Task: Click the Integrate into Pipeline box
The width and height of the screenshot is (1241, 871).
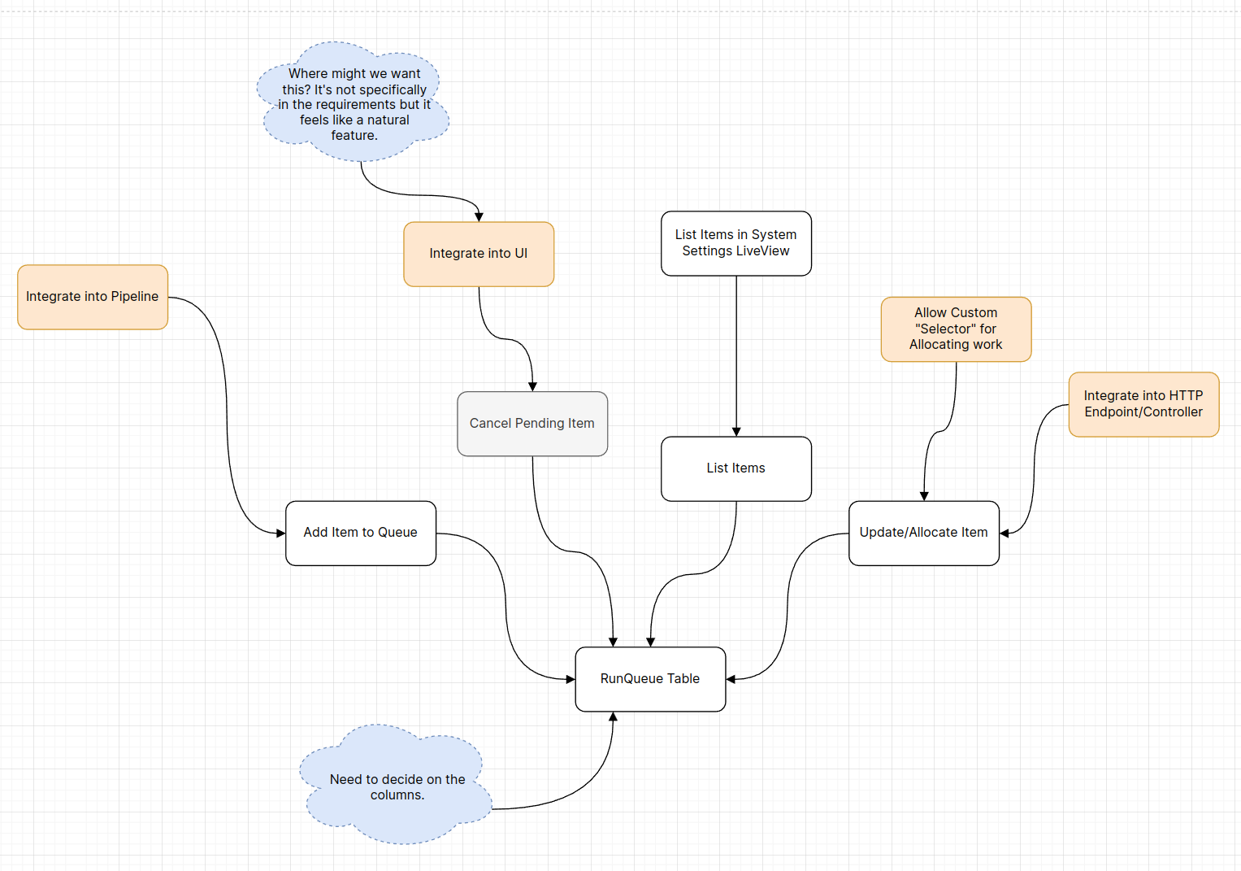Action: coord(93,297)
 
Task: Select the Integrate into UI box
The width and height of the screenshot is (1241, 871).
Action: coord(479,254)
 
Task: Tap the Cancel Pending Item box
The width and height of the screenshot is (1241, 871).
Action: coord(532,424)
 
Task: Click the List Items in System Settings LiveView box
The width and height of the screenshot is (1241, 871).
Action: coord(736,243)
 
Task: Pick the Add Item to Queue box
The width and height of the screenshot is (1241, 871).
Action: coord(361,533)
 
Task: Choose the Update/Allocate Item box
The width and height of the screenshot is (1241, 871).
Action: coord(924,533)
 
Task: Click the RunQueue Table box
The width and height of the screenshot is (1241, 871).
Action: coord(650,679)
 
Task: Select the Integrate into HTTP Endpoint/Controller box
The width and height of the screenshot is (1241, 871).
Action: coord(1143,404)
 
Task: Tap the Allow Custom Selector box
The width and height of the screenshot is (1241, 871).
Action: coord(956,329)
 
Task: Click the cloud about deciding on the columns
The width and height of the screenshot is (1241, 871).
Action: coord(397,786)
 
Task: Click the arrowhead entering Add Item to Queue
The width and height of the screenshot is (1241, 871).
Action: coord(280,533)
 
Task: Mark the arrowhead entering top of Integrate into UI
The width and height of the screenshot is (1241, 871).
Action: coord(479,217)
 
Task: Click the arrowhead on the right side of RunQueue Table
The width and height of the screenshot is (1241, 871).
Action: coord(731,679)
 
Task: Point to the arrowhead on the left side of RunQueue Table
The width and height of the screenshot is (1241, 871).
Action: coord(571,679)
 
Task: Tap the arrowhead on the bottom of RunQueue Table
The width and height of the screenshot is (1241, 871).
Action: coord(614,717)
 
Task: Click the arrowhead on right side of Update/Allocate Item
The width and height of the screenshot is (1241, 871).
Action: coord(1005,533)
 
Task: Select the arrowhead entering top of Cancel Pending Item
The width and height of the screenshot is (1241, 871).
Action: coord(533,387)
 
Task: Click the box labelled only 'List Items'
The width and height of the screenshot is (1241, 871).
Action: coord(736,468)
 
